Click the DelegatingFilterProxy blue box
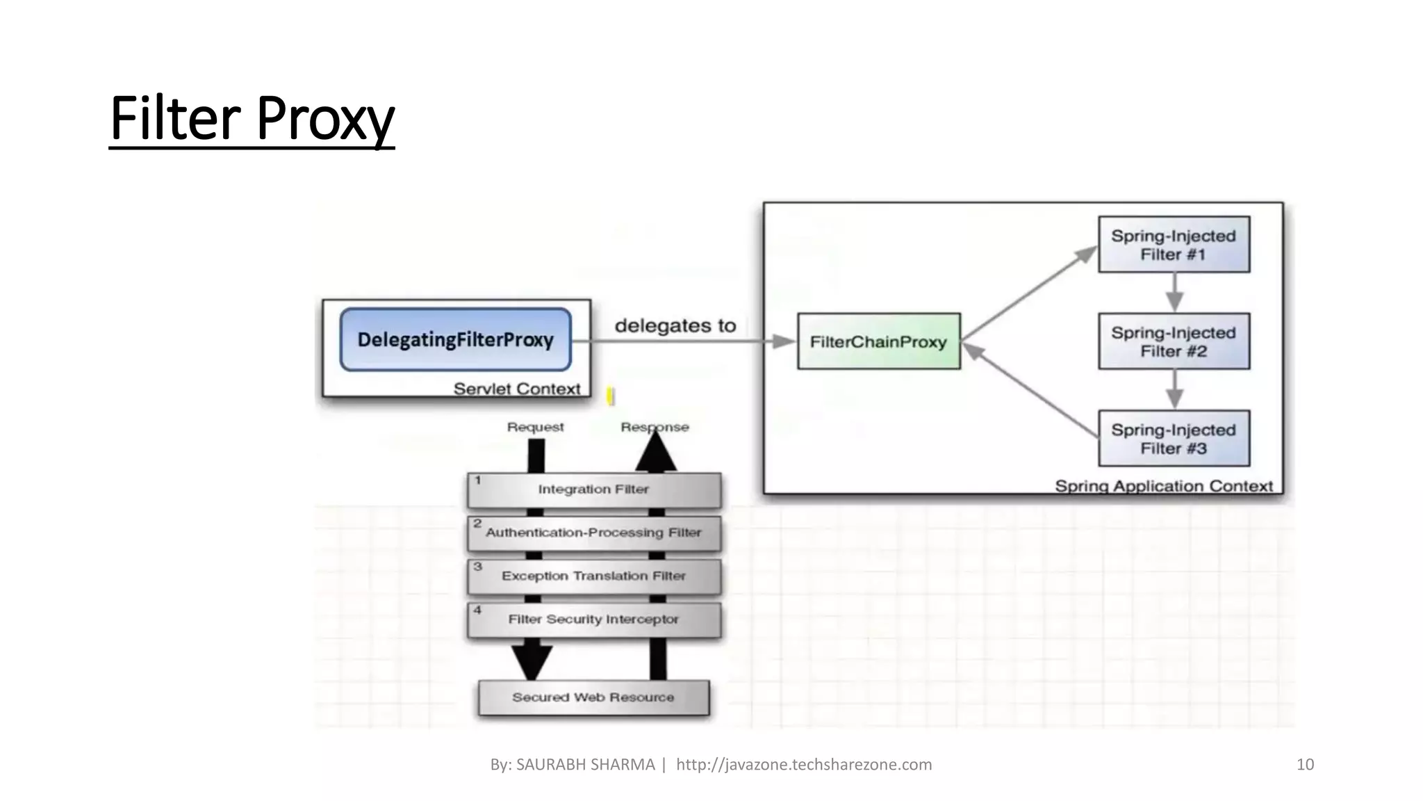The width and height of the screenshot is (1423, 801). tap(455, 339)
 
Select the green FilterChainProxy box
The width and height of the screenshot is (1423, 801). tap(878, 341)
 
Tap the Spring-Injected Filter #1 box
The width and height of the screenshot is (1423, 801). tap(1174, 245)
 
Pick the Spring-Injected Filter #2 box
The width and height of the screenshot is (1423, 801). tap(1174, 341)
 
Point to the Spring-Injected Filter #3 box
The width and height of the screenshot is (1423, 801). tap(1174, 439)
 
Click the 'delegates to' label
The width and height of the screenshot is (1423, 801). tap(675, 325)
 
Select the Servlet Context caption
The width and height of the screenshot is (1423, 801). tap(516, 389)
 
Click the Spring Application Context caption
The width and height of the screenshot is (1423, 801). tap(1164, 486)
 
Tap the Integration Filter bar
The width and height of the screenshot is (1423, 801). tap(594, 489)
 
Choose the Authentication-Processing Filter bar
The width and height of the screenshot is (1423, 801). tap(594, 533)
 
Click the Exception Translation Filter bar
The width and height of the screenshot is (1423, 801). tap(594, 576)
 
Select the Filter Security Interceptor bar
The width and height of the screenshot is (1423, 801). tap(594, 620)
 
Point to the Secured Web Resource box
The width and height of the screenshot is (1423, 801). tap(593, 697)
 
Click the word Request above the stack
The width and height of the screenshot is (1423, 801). tap(535, 427)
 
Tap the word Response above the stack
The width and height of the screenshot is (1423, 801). tap(655, 427)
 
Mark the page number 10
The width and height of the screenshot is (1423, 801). tap(1305, 765)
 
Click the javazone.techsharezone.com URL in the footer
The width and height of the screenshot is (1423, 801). tap(804, 765)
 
